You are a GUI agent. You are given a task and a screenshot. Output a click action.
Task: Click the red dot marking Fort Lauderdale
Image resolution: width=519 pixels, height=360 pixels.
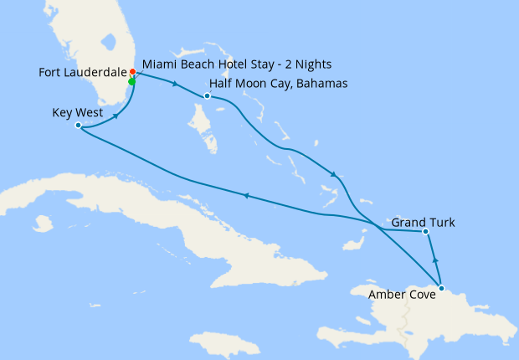(x=133, y=72)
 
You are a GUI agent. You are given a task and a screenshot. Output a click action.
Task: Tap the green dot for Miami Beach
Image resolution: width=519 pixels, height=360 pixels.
(x=131, y=81)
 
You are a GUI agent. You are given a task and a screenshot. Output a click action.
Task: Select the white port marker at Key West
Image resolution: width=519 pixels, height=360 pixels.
(x=78, y=126)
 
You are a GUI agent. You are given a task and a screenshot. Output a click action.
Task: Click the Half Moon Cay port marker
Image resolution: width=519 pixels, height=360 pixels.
(x=207, y=95)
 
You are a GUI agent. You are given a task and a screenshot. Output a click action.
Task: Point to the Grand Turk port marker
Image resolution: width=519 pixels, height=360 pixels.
(x=425, y=231)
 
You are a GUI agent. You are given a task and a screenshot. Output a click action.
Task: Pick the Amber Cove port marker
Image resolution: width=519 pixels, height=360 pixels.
(x=441, y=291)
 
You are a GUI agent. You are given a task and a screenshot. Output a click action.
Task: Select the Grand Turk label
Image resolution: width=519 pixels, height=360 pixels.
(x=423, y=223)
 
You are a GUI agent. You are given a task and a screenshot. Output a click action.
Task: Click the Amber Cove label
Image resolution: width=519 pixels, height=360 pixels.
(x=401, y=294)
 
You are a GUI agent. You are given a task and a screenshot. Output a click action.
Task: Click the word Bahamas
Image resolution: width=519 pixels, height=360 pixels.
(x=321, y=84)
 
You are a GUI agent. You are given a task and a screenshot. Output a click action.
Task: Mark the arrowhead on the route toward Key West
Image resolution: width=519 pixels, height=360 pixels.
(x=245, y=195)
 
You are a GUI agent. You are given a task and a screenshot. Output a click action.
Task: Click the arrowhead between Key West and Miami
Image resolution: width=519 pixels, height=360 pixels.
(x=115, y=114)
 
